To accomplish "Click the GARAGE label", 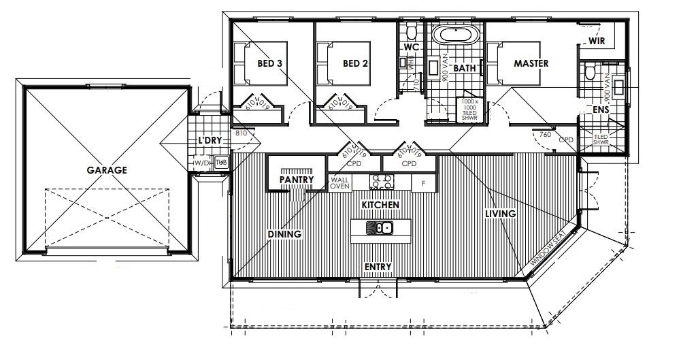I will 107,170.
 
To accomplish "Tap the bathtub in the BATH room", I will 456,35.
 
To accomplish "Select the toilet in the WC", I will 411,32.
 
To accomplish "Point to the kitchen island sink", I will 379,228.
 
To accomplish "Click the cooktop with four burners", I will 380,182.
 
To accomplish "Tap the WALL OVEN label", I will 339,182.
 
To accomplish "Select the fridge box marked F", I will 423,182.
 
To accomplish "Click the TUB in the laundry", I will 220,162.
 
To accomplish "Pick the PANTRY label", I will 297,180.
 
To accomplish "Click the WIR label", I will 597,41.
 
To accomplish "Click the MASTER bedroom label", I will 531,63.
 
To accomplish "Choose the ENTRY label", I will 378,267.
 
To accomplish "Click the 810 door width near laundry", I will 239,133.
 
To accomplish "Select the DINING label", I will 284,233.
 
